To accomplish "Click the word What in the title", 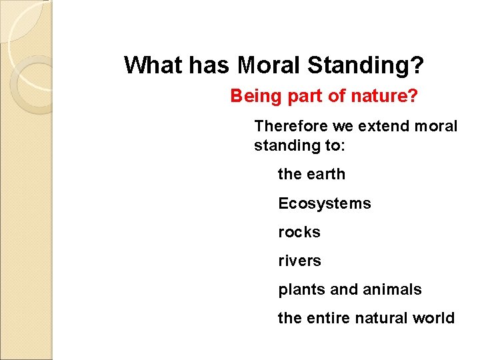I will coord(152,65).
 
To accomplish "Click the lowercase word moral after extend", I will coord(435,126).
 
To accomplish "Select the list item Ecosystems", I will coord(324,203).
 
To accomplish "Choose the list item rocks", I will coord(299,232).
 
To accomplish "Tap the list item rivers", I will coord(299,261).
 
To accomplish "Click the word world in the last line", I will coord(434,318).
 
